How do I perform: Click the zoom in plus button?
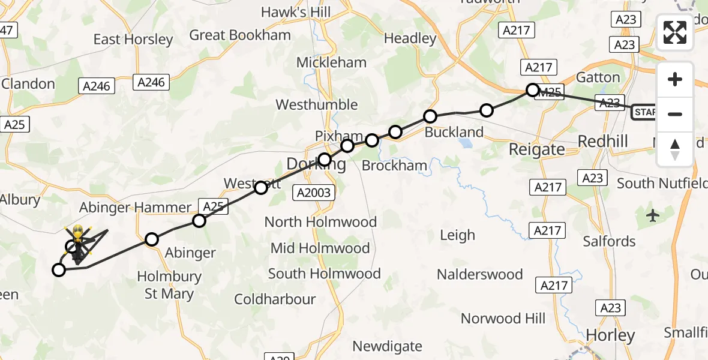click(x=675, y=79)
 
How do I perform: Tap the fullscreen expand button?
click(x=675, y=32)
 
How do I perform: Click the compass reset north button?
click(x=675, y=149)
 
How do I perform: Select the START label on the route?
click(x=644, y=112)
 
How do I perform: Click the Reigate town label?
click(x=536, y=149)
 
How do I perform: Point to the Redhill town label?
click(x=602, y=141)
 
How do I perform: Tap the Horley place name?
click(x=610, y=335)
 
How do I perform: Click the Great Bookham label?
click(x=239, y=35)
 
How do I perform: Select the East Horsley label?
click(x=133, y=40)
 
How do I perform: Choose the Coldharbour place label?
click(x=275, y=299)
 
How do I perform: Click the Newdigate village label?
click(x=387, y=346)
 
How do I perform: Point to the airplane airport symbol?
click(x=653, y=215)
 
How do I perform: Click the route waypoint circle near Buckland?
click(x=430, y=116)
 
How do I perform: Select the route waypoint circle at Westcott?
click(x=260, y=188)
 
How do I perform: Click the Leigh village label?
click(x=457, y=235)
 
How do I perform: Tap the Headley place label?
click(x=410, y=38)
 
